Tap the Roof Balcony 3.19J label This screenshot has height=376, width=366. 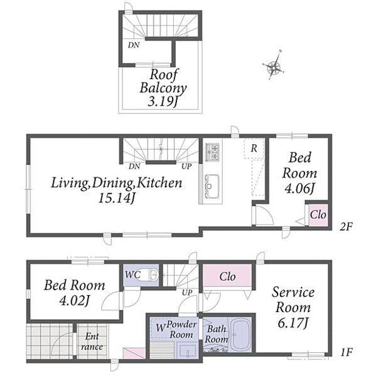[x=163, y=88]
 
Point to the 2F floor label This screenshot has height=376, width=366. [x=345, y=226]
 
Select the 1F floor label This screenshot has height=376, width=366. [x=346, y=352]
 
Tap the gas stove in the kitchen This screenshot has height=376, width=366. [x=212, y=152]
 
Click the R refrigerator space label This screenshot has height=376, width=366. [x=254, y=149]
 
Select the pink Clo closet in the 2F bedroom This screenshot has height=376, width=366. [x=318, y=214]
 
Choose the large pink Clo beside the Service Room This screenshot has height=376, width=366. [x=227, y=275]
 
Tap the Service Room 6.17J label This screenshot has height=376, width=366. [x=293, y=308]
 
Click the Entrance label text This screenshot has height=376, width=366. [x=92, y=342]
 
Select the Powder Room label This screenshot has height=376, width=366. [x=181, y=330]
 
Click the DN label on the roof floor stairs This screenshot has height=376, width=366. [x=134, y=45]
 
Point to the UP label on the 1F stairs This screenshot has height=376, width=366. [x=187, y=292]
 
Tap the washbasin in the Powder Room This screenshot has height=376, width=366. [x=188, y=351]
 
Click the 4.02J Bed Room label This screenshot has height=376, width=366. [x=75, y=293]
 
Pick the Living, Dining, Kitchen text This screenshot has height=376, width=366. [x=117, y=183]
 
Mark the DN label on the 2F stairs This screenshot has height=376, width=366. [x=134, y=166]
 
